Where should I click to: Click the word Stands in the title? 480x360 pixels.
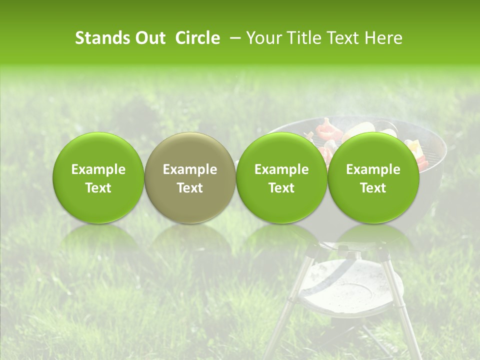(100, 38)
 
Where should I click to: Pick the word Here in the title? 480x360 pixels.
(382, 38)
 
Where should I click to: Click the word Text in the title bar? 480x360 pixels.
(343, 38)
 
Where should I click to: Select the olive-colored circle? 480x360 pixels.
(189, 177)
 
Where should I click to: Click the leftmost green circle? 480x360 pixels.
(98, 177)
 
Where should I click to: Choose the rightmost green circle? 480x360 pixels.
(373, 177)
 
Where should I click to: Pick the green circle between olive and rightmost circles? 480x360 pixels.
(281, 177)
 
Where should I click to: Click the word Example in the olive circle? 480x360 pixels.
(190, 169)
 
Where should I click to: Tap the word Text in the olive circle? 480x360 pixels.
(190, 188)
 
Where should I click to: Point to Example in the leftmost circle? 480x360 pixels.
(98, 169)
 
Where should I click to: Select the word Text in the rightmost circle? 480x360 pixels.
(373, 188)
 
